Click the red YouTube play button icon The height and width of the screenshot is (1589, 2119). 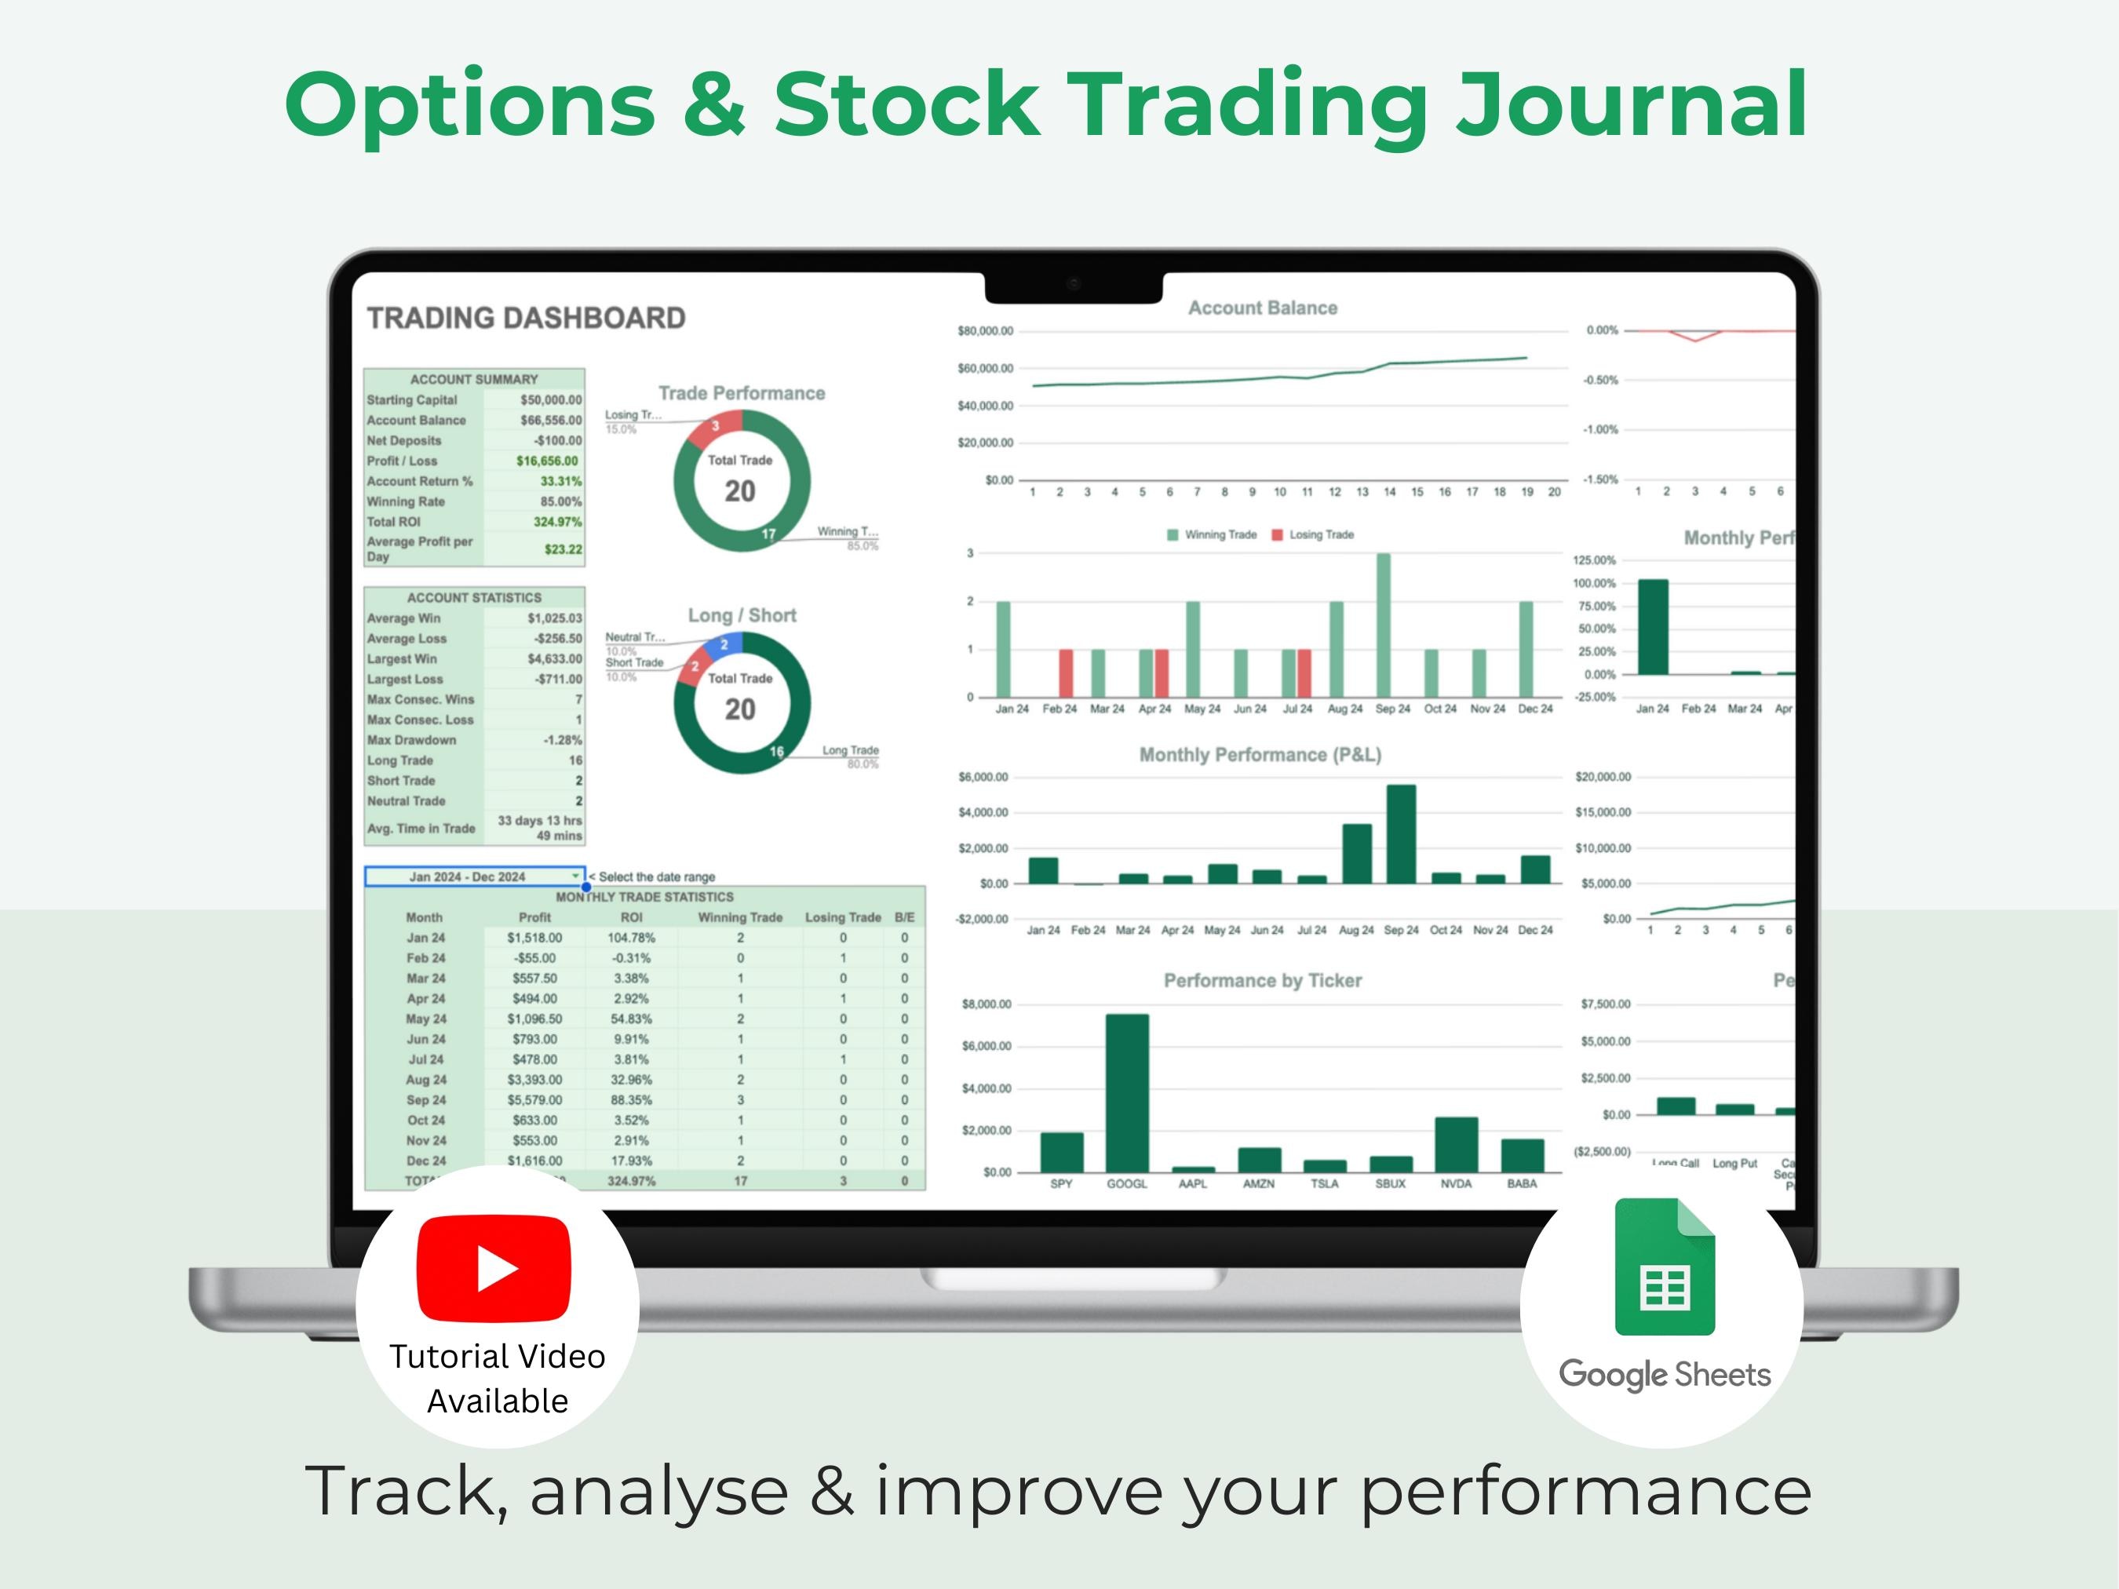click(x=494, y=1268)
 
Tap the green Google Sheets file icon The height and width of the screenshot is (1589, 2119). click(x=1664, y=1266)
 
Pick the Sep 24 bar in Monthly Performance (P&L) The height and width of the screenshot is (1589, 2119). click(x=1401, y=833)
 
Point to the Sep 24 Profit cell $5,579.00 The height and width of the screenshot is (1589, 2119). click(x=534, y=1099)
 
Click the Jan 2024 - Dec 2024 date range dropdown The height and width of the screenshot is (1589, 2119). click(x=473, y=877)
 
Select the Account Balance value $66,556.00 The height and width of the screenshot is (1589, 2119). click(x=551, y=421)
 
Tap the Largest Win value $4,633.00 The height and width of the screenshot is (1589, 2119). click(x=554, y=659)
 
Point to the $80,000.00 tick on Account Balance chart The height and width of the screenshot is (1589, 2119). click(x=985, y=331)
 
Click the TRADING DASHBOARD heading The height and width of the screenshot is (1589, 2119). click(x=526, y=318)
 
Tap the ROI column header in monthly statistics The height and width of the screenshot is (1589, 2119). click(x=630, y=917)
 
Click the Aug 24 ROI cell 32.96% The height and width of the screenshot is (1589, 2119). click(x=630, y=1080)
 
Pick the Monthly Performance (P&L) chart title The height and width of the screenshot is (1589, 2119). click(x=1260, y=755)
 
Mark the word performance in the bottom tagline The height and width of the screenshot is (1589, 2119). click(x=1585, y=1491)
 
